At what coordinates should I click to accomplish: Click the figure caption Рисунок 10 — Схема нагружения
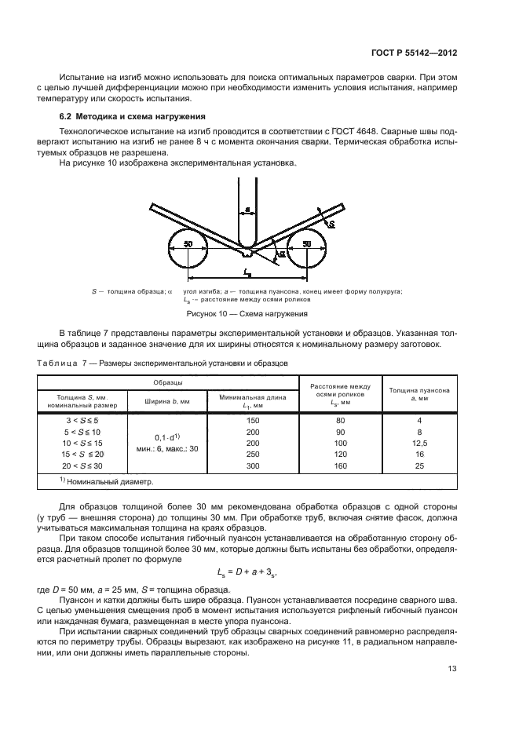[246, 312]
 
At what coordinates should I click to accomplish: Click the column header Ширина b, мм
[168, 401]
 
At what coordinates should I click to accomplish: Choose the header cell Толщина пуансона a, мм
[418, 394]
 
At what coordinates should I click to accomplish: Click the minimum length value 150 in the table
[252, 422]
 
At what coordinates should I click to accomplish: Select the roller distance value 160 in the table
[339, 466]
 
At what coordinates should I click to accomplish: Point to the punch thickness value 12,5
[419, 444]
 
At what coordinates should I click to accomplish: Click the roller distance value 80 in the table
[339, 422]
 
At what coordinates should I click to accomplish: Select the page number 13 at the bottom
[451, 669]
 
